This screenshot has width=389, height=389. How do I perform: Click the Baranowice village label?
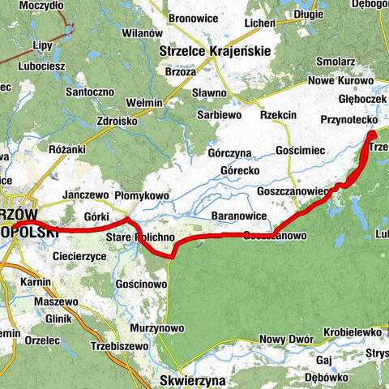[236, 216]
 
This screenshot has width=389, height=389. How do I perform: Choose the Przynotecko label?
[346, 119]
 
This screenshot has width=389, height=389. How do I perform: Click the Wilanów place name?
[147, 33]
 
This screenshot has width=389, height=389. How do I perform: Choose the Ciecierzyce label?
[79, 255]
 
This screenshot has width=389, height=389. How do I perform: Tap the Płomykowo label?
[142, 195]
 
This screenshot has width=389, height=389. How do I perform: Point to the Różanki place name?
[66, 150]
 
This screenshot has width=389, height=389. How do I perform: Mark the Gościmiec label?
[300, 152]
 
